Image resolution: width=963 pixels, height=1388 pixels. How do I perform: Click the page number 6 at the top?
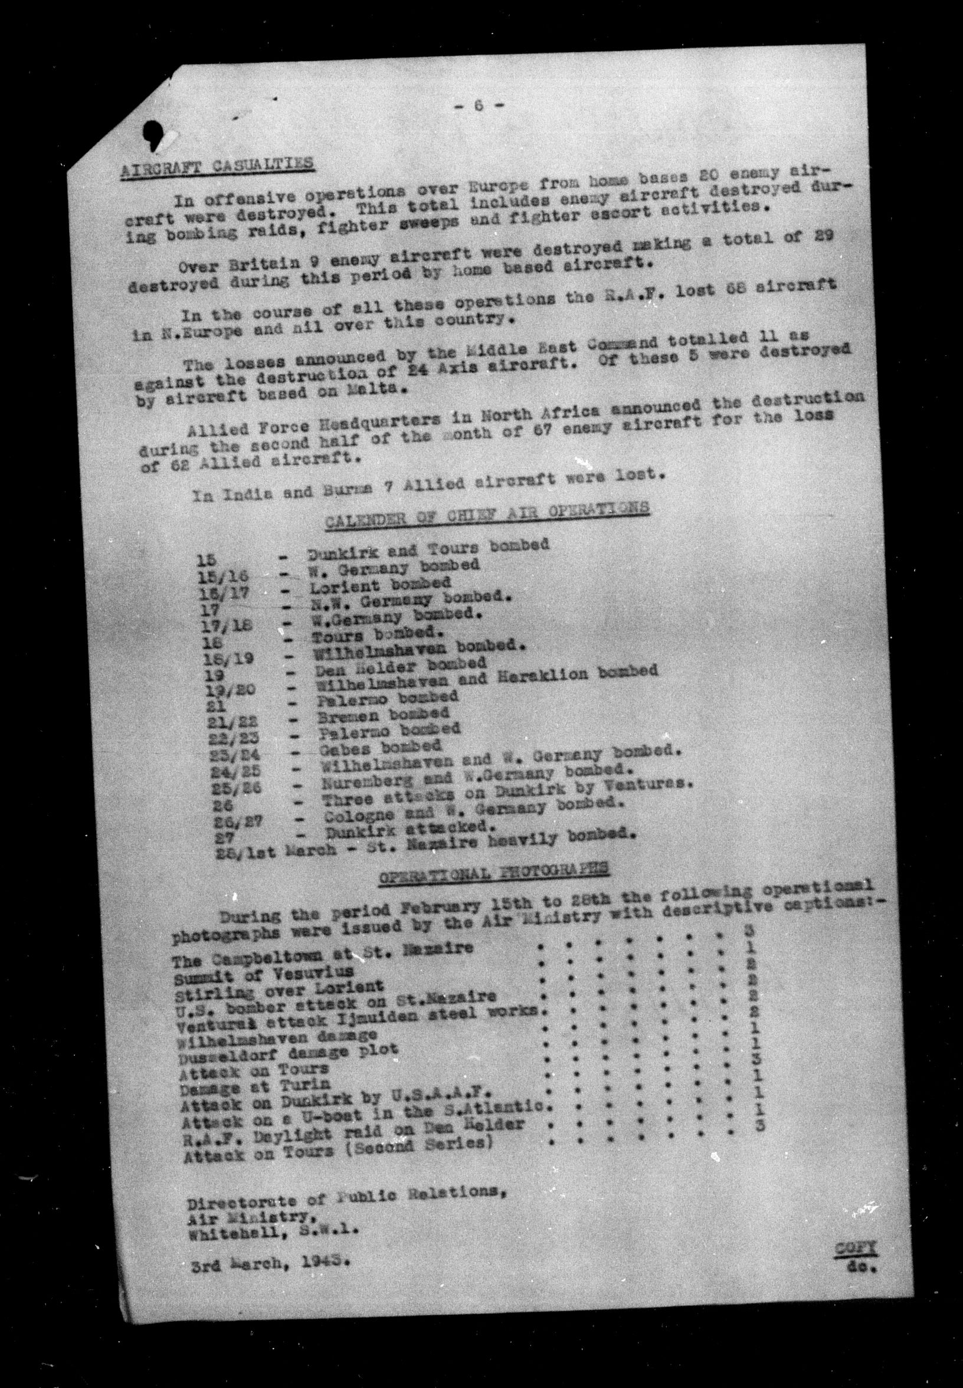pyautogui.click(x=479, y=105)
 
